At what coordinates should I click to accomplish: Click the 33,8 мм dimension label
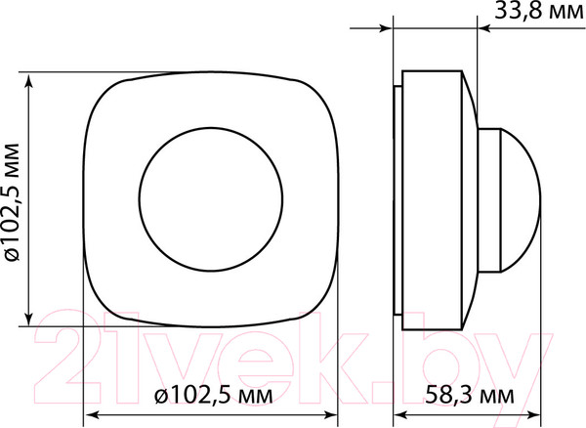click(x=533, y=14)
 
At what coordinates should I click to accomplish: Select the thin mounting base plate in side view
click(x=396, y=199)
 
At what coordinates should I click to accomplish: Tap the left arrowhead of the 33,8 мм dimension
click(x=385, y=30)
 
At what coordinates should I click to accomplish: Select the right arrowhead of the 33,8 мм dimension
click(x=484, y=30)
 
